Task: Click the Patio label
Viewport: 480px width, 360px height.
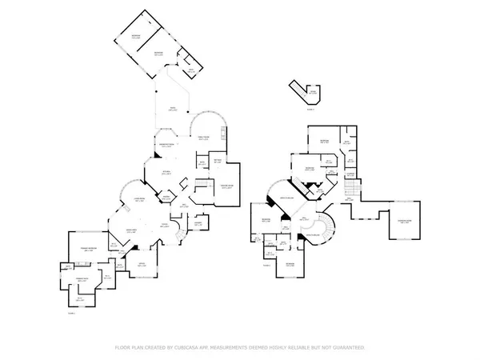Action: click(x=171, y=110)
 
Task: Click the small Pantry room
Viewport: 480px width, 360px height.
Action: click(x=166, y=196)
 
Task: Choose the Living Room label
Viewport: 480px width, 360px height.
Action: click(x=138, y=201)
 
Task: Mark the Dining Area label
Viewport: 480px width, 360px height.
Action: click(x=125, y=230)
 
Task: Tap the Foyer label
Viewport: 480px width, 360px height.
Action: click(x=164, y=226)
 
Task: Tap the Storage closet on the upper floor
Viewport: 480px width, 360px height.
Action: click(x=350, y=174)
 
